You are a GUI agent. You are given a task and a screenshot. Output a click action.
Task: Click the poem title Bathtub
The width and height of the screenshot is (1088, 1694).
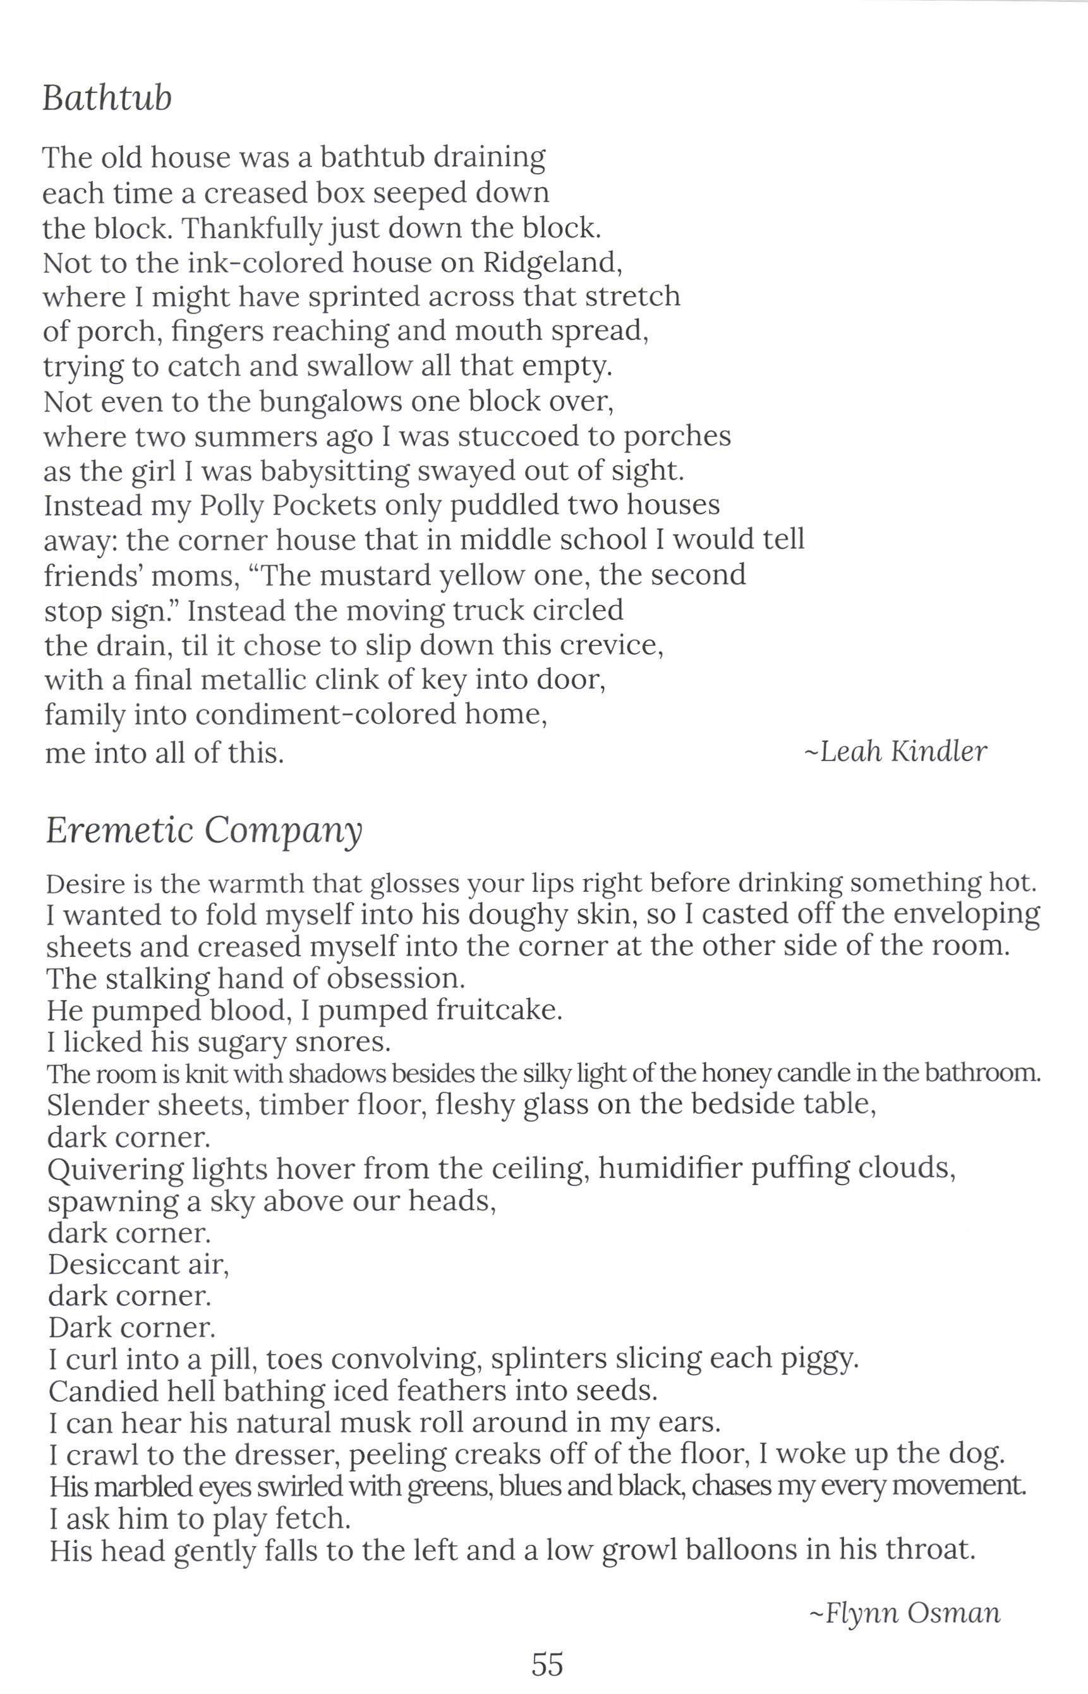107,97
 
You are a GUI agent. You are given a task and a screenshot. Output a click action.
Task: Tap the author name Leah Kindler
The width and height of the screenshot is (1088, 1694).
896,752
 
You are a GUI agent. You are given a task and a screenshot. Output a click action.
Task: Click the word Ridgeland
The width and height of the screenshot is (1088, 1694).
552,262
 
